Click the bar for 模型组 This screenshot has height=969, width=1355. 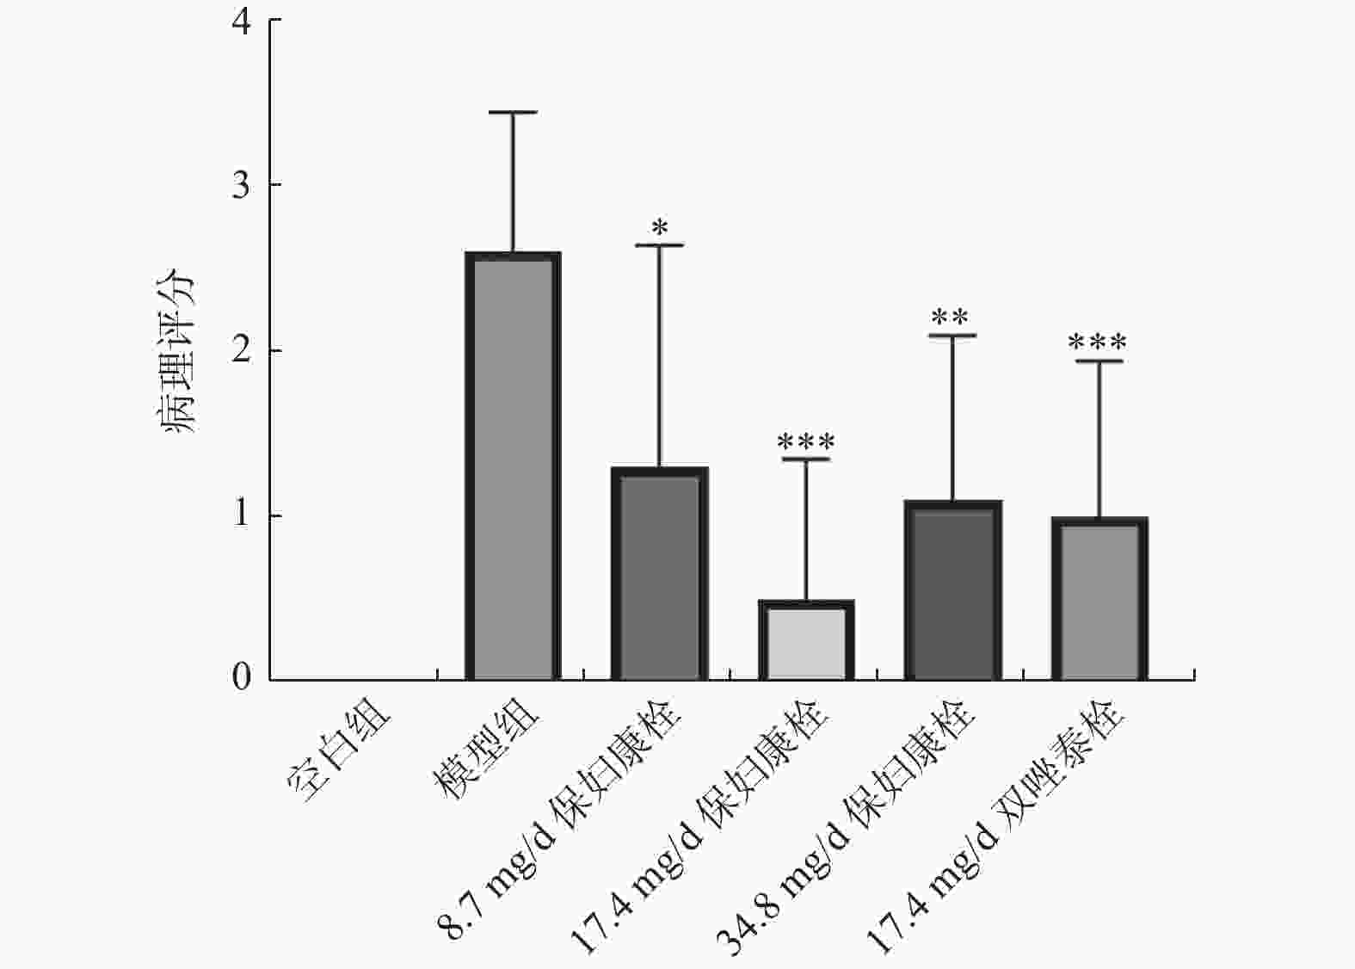point(513,466)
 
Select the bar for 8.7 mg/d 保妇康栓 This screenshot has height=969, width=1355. point(659,573)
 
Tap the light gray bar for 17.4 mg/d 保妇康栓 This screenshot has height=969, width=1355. point(806,640)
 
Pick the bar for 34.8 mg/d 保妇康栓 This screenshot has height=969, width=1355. point(952,590)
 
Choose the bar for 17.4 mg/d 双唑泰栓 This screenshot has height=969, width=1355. point(1099,599)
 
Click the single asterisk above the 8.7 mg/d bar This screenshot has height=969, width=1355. point(660,229)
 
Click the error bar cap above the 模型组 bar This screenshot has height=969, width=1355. point(513,113)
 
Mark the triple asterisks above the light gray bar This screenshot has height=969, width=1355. point(806,443)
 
